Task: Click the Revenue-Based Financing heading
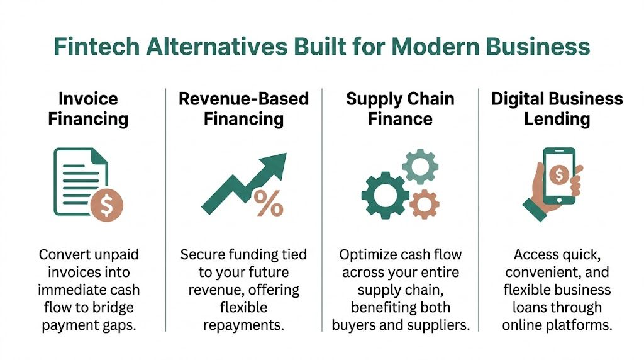[244, 108]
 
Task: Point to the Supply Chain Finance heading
[400, 108]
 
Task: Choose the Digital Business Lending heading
[557, 108]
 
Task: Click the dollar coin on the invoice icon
[106, 205]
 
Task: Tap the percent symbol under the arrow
[269, 203]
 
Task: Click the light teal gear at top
[419, 167]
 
